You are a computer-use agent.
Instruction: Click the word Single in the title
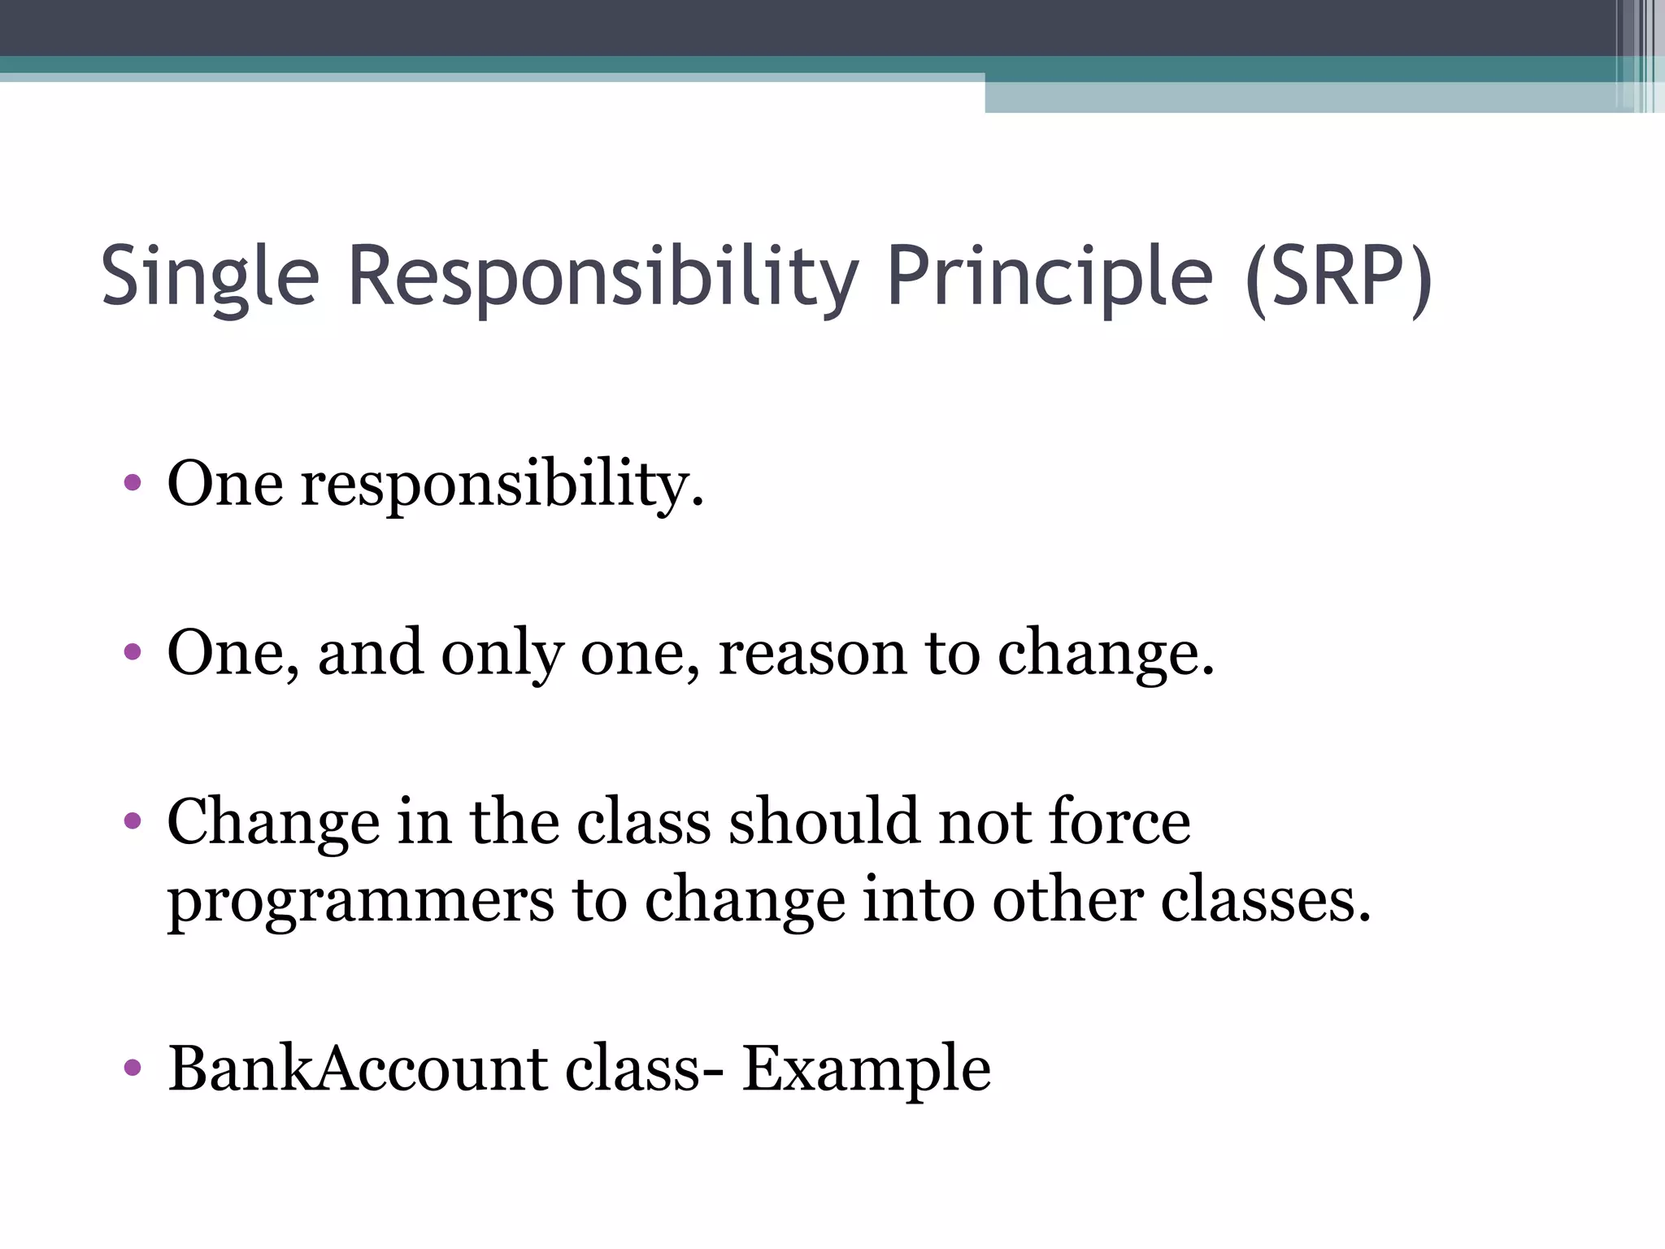210,276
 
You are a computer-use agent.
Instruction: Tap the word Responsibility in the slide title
602,276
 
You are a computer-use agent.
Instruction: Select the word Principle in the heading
1050,276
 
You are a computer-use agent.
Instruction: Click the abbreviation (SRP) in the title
1338,276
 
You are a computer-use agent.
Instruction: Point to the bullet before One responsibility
133,485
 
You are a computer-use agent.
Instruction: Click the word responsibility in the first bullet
502,485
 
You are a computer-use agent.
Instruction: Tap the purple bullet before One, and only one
133,652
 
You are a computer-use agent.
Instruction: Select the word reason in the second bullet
811,652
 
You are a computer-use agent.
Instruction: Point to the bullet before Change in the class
133,821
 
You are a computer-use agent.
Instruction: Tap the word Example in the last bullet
866,1069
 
